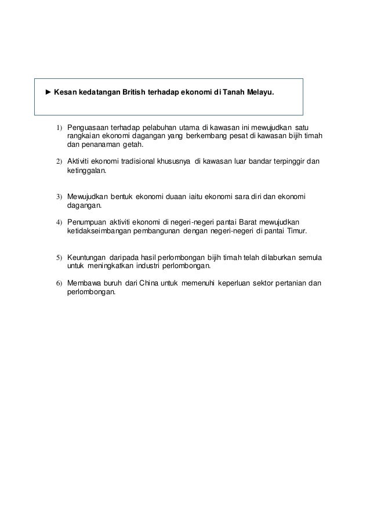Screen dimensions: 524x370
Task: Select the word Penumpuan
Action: [87, 222]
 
